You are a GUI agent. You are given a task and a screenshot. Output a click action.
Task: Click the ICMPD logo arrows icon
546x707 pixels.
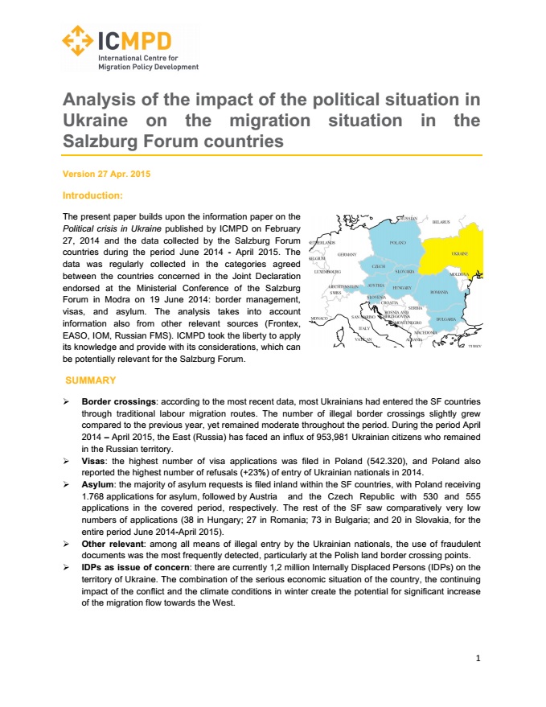76,39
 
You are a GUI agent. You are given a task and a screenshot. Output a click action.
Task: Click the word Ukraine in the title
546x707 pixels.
92,121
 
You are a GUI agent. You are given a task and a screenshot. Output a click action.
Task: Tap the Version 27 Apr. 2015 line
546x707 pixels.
106,174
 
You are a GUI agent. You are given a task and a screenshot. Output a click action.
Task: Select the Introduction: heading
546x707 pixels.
92,195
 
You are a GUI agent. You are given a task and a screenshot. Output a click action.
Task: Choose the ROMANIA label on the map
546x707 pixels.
439,292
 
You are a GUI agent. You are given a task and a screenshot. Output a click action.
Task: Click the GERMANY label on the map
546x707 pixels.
347,253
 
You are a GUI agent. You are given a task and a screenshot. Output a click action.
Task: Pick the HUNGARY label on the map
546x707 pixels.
402,287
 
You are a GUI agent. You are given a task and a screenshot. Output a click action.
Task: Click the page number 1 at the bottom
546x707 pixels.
478,658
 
